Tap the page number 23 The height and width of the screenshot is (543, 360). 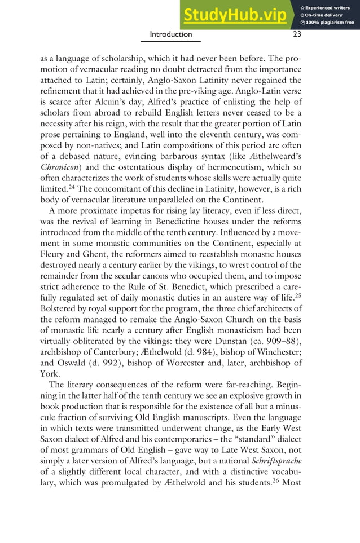297,34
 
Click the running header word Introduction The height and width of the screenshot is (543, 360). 170,34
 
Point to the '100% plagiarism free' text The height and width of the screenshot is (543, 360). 330,23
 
